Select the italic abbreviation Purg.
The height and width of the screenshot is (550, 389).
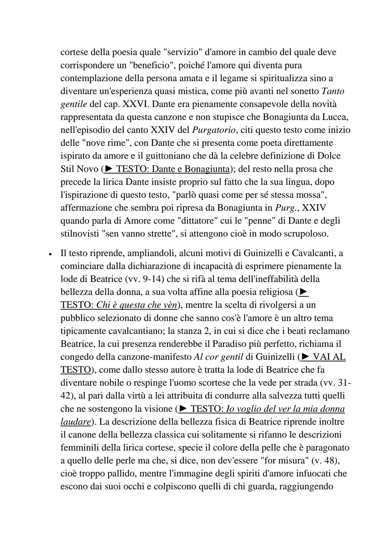coord(286,208)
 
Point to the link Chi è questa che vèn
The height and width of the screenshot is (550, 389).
coord(137,305)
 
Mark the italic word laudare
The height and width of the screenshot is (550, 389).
coord(75,422)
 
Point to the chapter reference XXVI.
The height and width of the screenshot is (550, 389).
coord(136,104)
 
